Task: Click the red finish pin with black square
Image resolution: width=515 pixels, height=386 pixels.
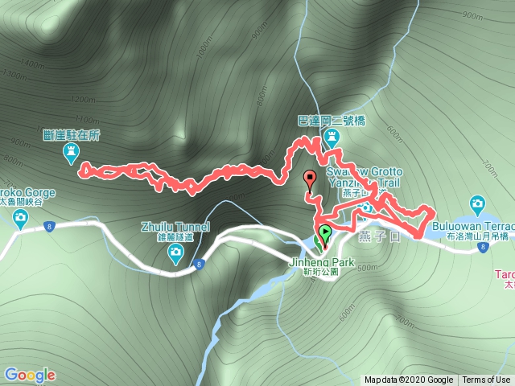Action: pyautogui.click(x=310, y=179)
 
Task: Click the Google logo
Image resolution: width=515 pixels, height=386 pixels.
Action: pyautogui.click(x=30, y=375)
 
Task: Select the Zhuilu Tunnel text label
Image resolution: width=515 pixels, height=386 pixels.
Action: pyautogui.click(x=175, y=228)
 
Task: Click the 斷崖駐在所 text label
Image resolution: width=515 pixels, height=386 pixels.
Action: pyautogui.click(x=72, y=135)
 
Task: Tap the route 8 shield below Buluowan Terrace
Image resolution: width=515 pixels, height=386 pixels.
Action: pyautogui.click(x=481, y=248)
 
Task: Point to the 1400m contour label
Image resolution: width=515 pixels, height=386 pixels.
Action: pyautogui.click(x=32, y=64)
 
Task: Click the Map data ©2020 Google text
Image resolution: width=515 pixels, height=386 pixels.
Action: pyautogui.click(x=408, y=380)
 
